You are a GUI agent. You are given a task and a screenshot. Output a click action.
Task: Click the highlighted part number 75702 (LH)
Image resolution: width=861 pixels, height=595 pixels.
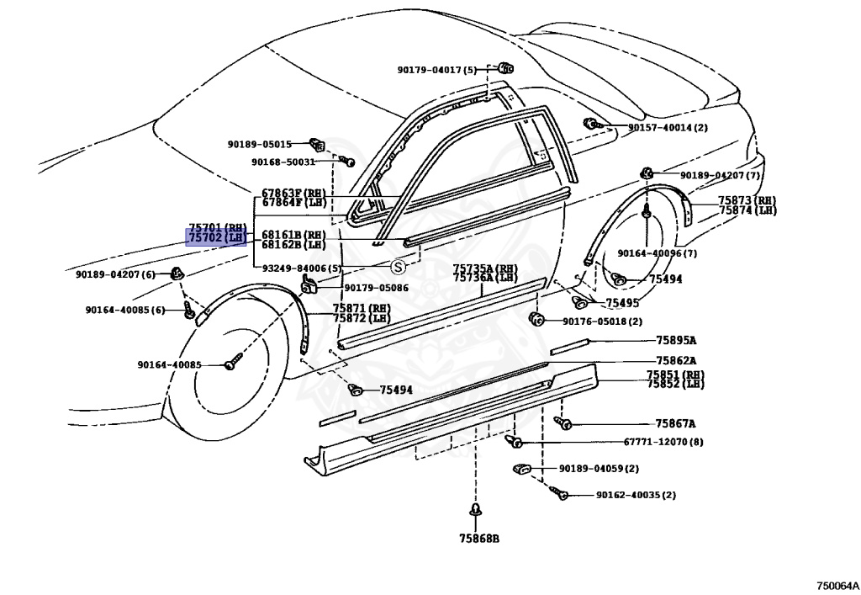pos(216,238)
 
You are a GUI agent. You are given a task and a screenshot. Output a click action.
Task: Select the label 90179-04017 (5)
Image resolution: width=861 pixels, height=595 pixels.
pos(436,70)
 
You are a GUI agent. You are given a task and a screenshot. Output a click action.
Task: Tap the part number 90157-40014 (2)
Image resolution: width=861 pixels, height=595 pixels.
pos(668,128)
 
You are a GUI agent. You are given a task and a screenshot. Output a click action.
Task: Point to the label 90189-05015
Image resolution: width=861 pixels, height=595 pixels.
pos(259,144)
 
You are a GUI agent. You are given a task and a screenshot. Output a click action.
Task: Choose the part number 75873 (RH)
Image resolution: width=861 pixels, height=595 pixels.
pos(747,200)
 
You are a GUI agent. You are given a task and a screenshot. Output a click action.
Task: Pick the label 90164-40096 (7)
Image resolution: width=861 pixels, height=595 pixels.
pos(657,252)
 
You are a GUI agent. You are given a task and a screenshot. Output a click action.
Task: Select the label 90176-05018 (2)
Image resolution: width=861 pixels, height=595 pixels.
pos(602,321)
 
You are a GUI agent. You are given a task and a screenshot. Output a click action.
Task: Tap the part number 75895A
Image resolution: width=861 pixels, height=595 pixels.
pos(676,341)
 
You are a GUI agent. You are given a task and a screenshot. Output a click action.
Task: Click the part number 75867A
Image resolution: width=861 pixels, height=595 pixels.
pos(676,424)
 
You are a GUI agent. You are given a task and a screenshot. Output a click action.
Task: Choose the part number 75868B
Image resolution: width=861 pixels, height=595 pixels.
pos(478,539)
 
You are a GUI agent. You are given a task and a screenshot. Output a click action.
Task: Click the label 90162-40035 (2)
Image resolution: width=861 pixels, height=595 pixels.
pos(636,495)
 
